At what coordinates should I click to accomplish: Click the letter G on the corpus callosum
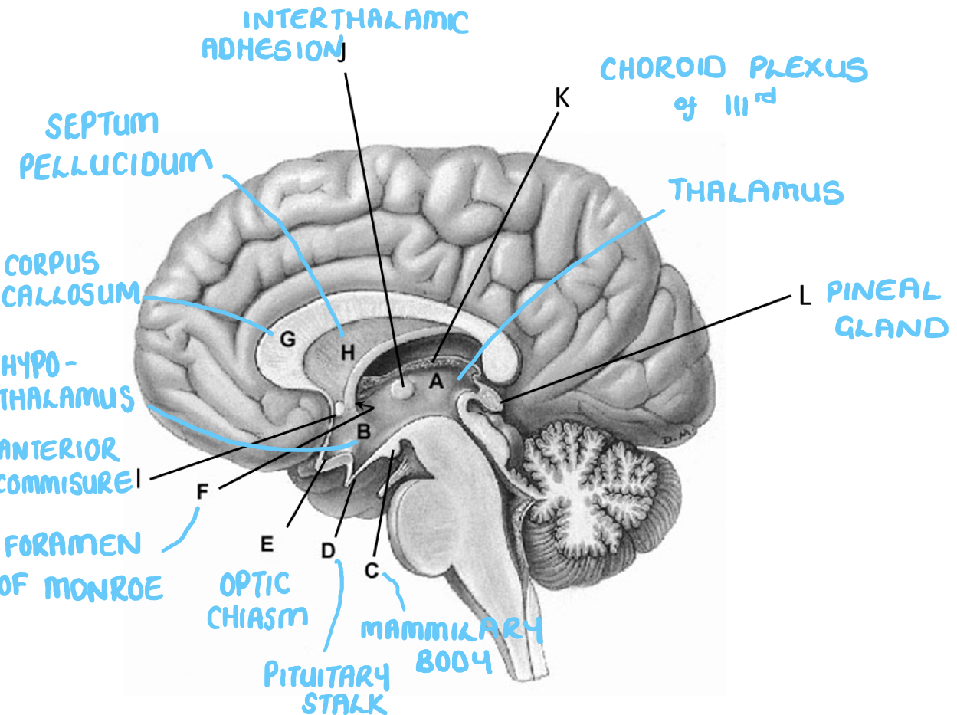point(287,340)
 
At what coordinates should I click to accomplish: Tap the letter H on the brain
point(348,353)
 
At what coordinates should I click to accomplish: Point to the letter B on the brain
point(364,432)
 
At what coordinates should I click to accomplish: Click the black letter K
point(562,98)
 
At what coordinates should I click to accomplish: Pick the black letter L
point(805,297)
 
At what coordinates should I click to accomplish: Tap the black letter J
point(342,52)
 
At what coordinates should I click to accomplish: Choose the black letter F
point(202,492)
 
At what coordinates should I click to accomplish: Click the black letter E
point(267,544)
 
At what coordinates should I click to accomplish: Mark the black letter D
point(328,549)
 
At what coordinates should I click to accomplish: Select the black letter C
point(372,570)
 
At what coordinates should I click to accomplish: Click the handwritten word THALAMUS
point(756,191)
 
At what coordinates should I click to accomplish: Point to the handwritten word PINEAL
point(883,292)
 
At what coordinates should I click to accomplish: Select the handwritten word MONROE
point(103,589)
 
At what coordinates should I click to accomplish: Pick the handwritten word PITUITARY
point(326,676)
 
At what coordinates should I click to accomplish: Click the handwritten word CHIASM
point(257,615)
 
